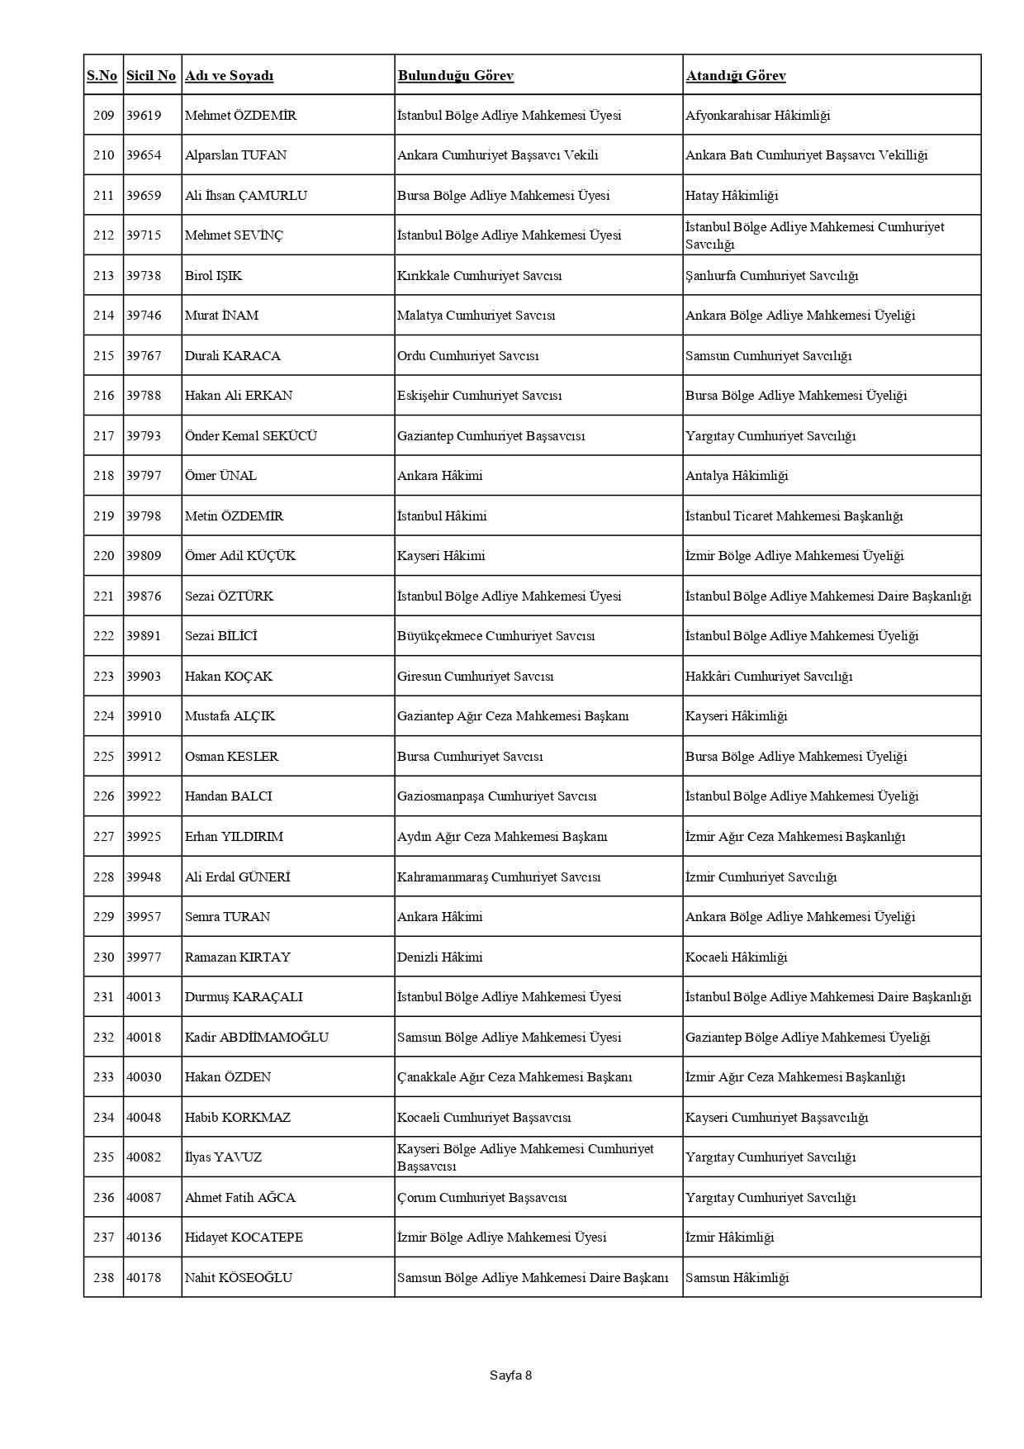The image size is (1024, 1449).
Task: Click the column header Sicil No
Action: point(151,76)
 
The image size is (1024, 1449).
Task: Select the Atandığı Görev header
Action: point(735,76)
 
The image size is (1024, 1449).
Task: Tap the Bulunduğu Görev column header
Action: point(455,76)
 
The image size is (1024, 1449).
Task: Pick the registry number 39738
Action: point(144,276)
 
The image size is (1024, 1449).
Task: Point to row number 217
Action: point(103,436)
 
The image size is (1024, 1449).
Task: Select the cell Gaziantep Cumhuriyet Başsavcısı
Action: point(491,436)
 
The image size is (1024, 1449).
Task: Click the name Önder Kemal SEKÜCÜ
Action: point(250,436)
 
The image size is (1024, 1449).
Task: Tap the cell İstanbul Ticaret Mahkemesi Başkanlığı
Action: point(794,516)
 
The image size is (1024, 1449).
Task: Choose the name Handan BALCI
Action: point(228,796)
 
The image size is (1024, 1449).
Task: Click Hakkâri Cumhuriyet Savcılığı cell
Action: point(768,677)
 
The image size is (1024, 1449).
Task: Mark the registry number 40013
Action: point(144,997)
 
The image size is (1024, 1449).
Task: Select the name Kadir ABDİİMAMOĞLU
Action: point(256,1038)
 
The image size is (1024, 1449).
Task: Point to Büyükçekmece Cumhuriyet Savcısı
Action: point(495,636)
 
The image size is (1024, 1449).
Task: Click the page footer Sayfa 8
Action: point(510,1375)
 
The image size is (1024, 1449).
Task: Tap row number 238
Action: point(103,1278)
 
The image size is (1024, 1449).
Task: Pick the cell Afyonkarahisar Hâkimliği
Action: point(757,116)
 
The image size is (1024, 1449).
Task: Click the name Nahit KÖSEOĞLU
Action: point(238,1278)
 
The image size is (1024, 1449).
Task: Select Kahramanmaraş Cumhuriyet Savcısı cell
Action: point(499,877)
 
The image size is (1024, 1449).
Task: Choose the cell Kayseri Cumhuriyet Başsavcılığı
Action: point(776,1118)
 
